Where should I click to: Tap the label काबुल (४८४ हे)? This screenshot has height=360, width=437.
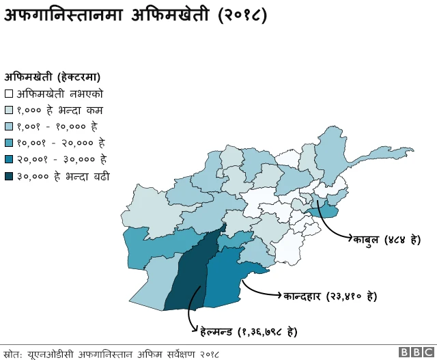point(386,240)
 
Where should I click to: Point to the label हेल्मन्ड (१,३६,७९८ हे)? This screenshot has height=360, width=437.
point(249,332)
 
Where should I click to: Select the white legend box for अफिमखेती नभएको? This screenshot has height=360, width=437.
point(9,94)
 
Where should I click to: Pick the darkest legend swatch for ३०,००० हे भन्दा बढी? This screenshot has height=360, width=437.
point(9,176)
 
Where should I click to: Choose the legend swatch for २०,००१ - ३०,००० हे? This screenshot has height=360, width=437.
point(9,160)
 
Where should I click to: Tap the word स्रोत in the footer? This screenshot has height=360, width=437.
point(13,353)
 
